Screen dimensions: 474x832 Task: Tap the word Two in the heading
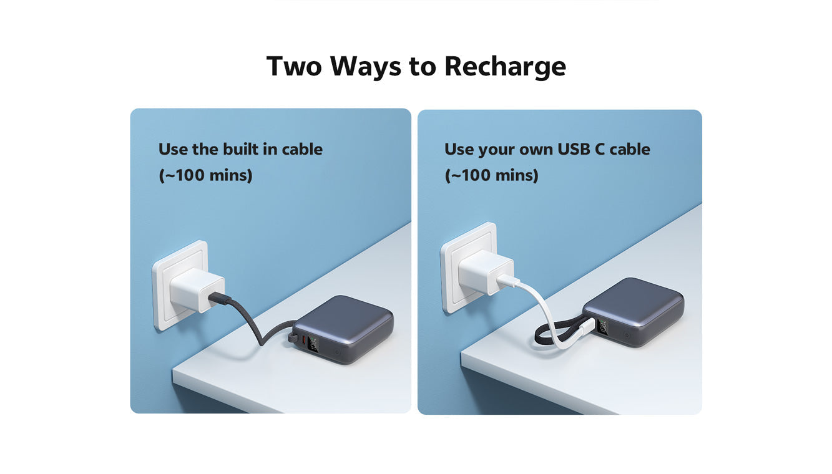pyautogui.click(x=294, y=66)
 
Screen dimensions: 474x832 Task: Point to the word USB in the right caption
pyautogui.click(x=573, y=149)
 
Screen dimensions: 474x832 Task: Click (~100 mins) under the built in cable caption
pyautogui.click(x=205, y=175)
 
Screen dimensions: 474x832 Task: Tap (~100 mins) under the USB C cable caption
pyautogui.click(x=491, y=175)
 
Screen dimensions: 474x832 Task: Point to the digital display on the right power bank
pyautogui.click(x=602, y=326)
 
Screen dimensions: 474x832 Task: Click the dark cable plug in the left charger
pyautogui.click(x=219, y=298)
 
